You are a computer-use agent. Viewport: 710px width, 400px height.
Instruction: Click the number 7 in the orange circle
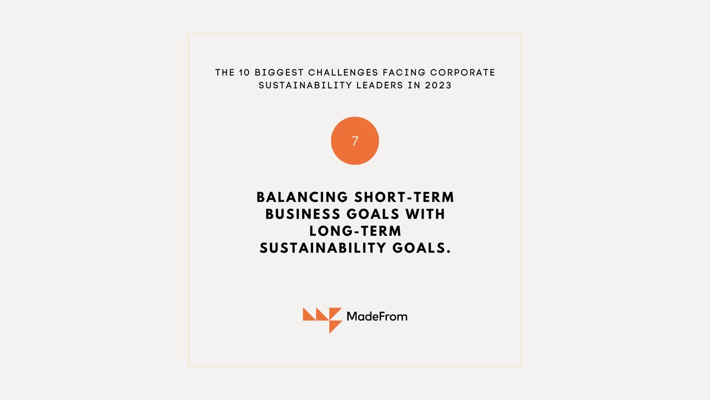355,141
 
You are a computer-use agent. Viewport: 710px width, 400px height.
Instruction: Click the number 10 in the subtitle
240,73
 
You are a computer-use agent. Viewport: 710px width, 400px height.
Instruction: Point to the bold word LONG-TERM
355,231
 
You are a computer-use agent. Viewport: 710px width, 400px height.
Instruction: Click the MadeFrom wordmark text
377,316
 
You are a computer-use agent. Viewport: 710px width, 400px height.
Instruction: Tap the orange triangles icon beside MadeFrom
322,319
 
